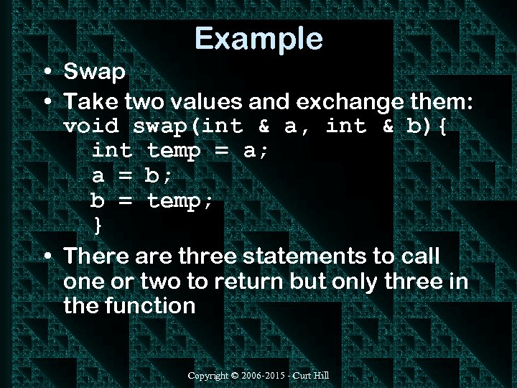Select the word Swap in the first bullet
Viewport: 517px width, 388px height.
95,72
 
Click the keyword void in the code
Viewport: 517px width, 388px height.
91,126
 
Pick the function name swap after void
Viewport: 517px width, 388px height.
162,126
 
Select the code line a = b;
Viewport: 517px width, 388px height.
133,175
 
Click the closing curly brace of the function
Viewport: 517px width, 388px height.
98,225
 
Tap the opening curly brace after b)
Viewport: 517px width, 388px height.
442,126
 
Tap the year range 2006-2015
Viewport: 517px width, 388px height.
266,376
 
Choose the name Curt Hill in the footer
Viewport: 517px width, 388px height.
313,376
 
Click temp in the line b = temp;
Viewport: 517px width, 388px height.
180,200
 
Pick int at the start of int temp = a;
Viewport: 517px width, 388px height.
112,151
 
